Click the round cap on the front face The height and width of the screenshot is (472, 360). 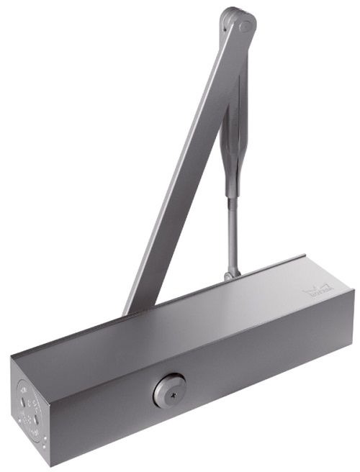point(169,391)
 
